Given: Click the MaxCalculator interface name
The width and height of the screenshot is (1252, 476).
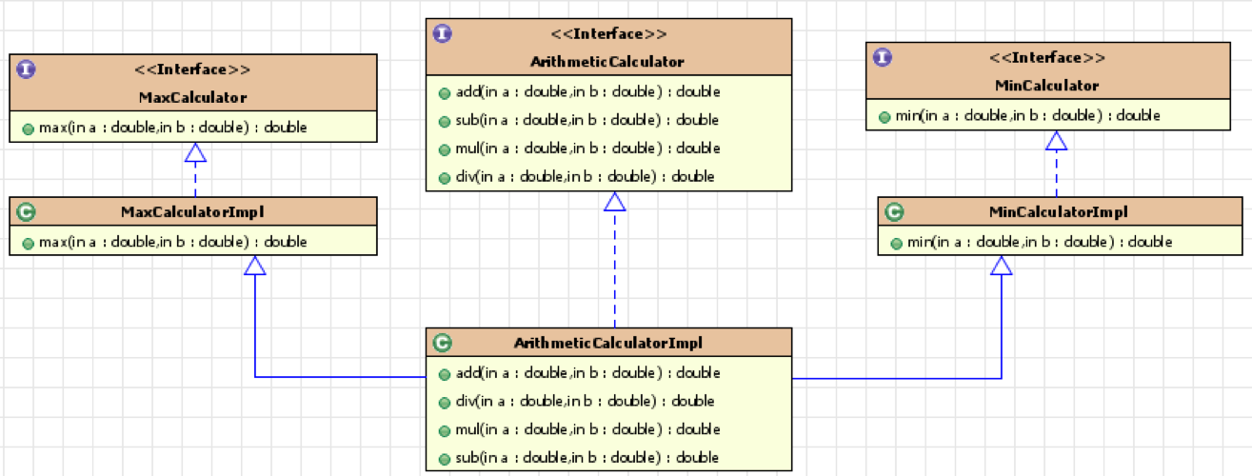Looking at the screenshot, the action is pos(193,98).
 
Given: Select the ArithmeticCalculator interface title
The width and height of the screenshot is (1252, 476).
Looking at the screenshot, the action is pos(607,62).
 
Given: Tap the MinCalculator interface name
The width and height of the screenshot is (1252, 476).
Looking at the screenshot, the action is pos(1047,86).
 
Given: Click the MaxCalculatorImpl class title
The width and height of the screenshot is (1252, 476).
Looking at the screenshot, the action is pos(192,212).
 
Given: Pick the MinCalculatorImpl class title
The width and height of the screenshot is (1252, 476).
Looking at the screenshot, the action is pos(1059,212).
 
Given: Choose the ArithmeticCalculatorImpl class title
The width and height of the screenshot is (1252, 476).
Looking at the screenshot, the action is pos(608,343).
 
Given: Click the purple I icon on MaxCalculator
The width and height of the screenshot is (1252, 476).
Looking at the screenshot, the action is pos(26,69).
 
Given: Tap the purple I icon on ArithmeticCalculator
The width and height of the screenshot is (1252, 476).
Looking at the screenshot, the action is pos(442,33).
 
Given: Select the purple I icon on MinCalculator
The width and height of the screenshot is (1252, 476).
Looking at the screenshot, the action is pos(883,57).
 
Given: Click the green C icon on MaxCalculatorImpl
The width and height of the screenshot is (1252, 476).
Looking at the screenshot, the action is pos(26,212).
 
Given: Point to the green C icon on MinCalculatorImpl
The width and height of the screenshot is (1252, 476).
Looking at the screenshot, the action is pos(894,212).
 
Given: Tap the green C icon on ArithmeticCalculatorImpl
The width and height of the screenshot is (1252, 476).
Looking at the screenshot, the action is pos(442,343).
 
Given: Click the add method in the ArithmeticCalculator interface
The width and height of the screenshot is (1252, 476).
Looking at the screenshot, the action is pos(587,92).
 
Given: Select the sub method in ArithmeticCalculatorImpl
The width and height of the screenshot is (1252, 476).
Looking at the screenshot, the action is pos(586,458).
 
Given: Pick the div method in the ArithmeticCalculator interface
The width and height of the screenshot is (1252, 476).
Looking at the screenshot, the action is pos(585,177).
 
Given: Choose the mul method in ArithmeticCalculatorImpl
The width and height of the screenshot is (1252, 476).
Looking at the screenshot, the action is pos(587,429).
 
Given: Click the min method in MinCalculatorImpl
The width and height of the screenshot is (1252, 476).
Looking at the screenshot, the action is pos(1040,243).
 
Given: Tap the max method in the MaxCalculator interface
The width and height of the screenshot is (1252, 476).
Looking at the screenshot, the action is pos(172,128).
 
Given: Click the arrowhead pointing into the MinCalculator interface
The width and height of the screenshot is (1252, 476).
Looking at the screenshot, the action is pos(1057,141).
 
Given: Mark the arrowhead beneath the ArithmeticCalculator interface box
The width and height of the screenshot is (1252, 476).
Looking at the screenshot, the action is pos(615,202).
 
